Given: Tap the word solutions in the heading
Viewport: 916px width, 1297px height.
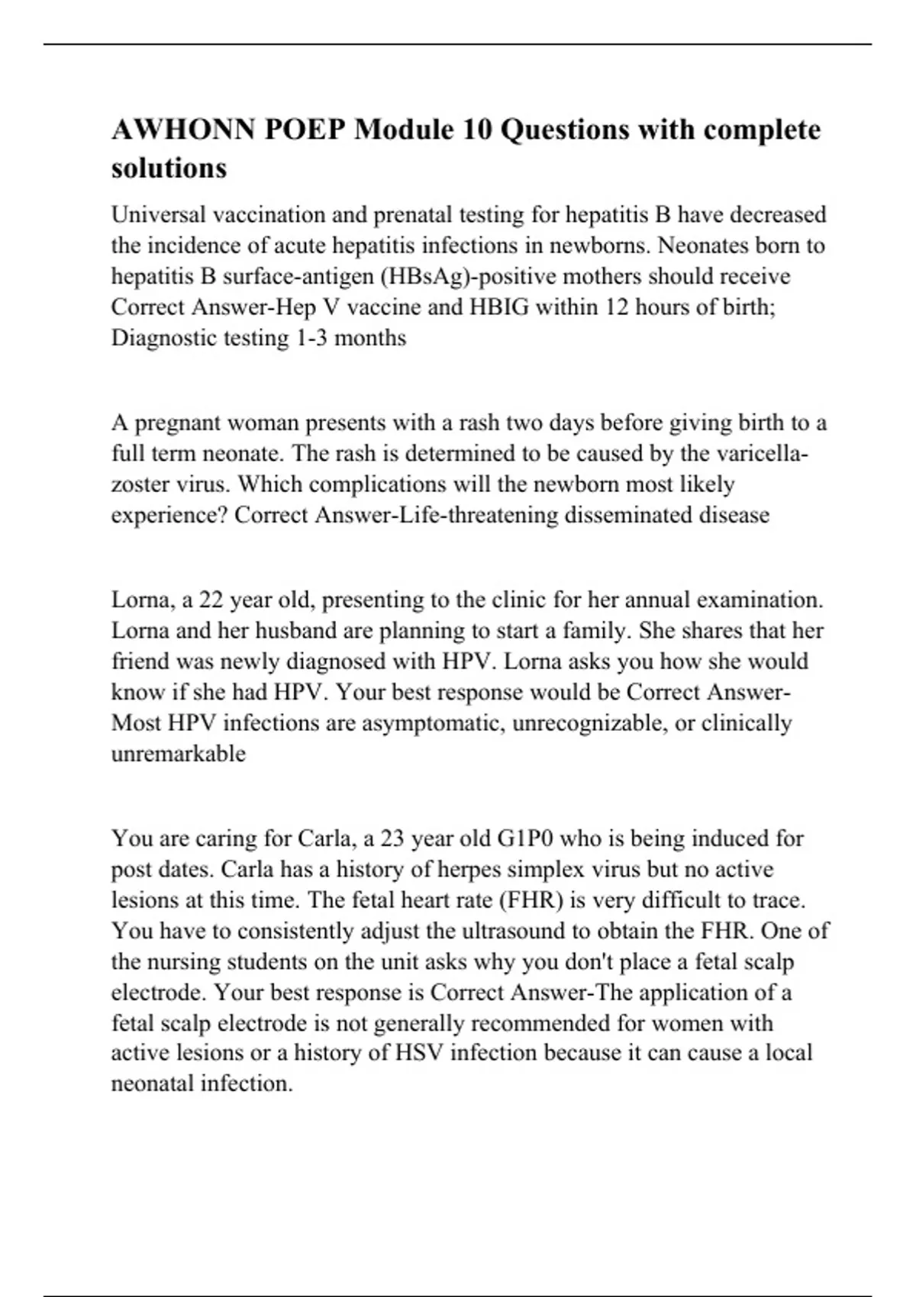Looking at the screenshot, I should [x=169, y=168].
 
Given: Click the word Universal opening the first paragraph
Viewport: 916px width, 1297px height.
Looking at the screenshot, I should [x=158, y=215].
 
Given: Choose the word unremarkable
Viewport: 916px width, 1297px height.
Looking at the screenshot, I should [x=179, y=754].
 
